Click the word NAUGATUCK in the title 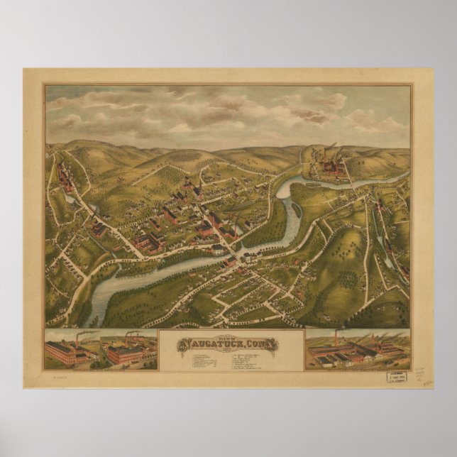click(213, 345)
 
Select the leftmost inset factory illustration click(71, 351)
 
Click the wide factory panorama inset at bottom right click(358, 351)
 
